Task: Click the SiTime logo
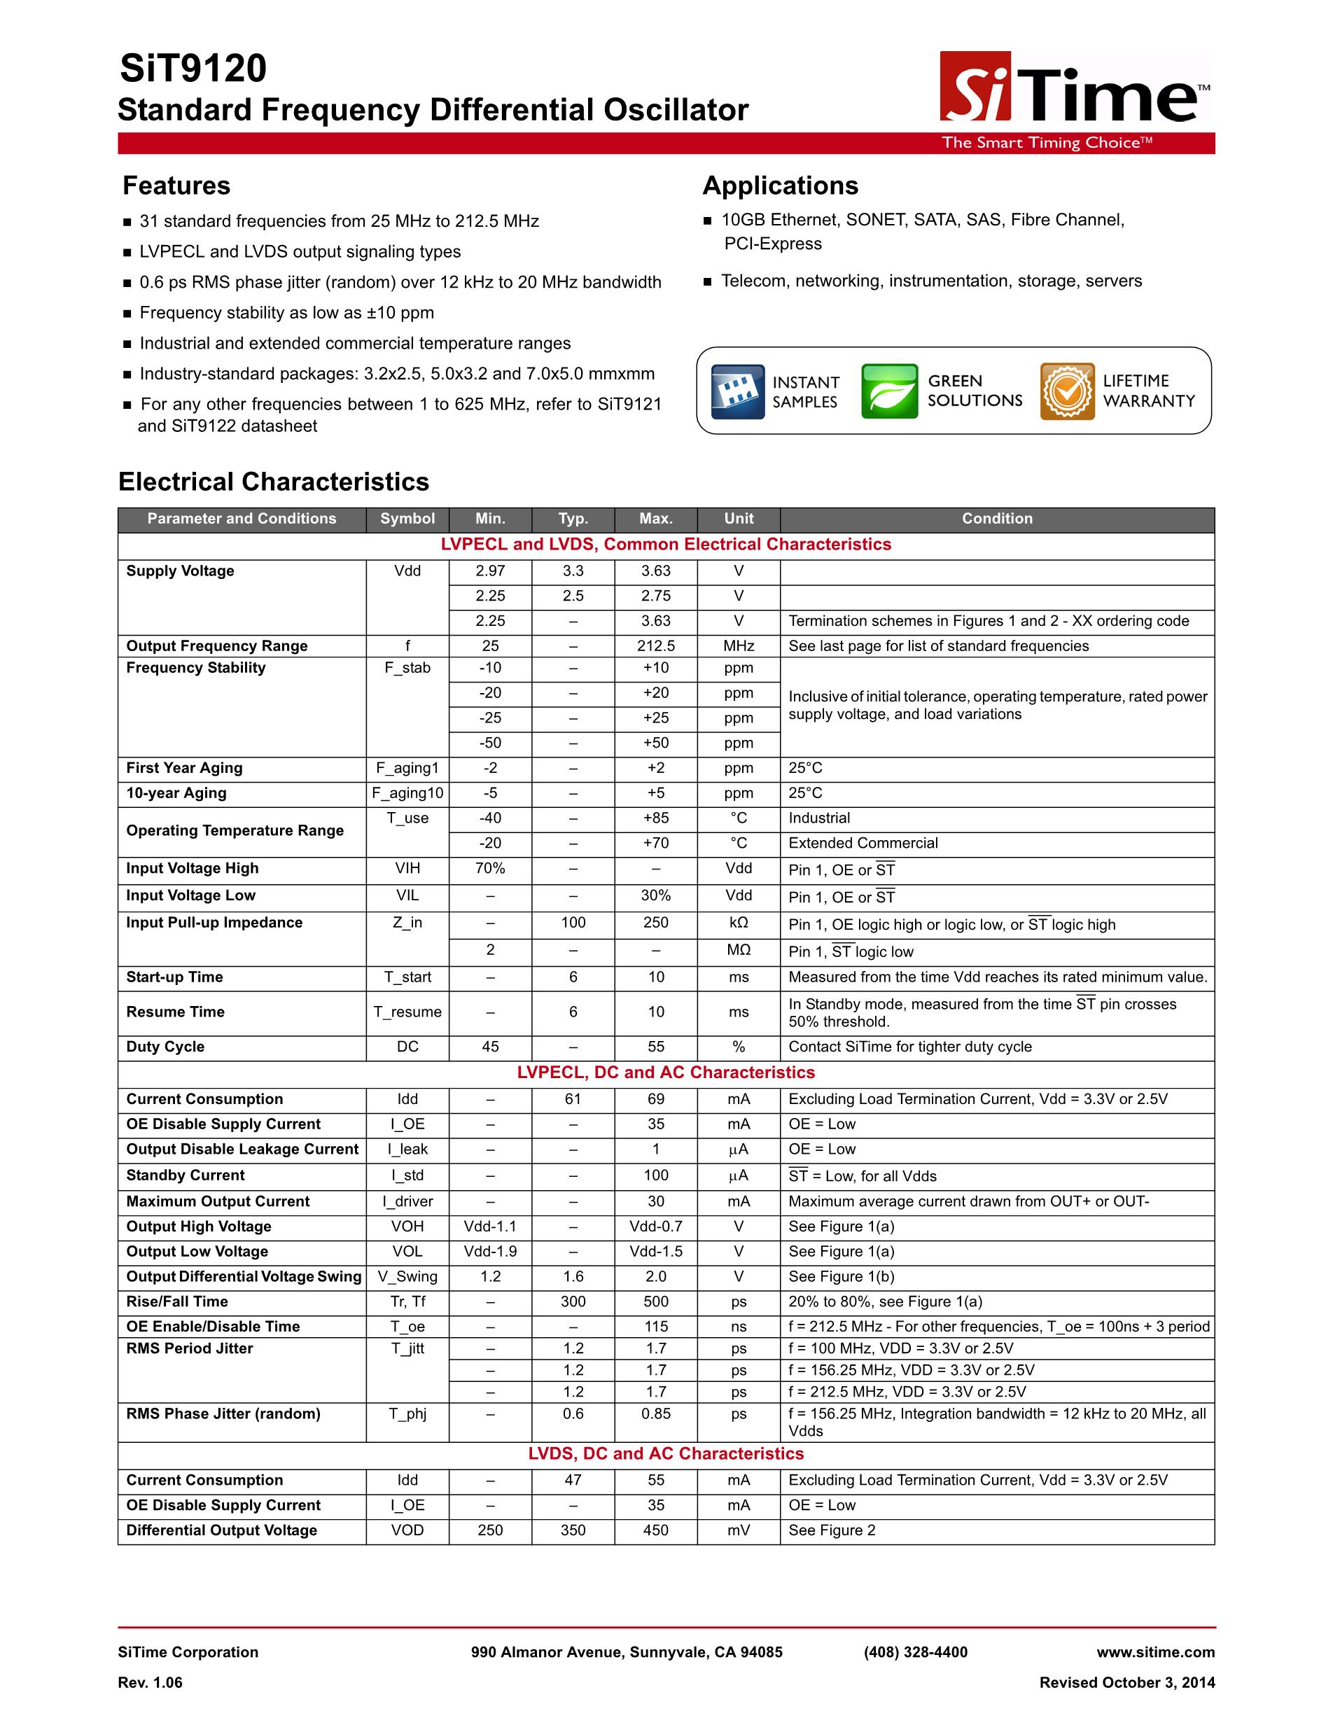click(1074, 88)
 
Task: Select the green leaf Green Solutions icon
click(889, 391)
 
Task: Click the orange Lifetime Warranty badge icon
click(1067, 391)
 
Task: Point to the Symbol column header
click(407, 519)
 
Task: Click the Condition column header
click(996, 519)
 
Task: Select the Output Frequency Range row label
click(217, 646)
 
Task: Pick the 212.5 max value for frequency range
click(655, 646)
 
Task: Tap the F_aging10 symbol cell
click(407, 793)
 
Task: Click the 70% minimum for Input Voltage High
click(489, 868)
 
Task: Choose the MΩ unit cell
click(739, 950)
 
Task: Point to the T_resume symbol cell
click(407, 1012)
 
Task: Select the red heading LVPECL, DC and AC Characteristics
click(666, 1073)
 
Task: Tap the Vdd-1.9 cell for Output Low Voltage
click(489, 1251)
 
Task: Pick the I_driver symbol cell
click(407, 1201)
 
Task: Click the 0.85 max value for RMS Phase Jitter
click(655, 1413)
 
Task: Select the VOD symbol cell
click(407, 1530)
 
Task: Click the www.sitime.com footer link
click(1155, 1652)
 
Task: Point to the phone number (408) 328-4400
click(915, 1652)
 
